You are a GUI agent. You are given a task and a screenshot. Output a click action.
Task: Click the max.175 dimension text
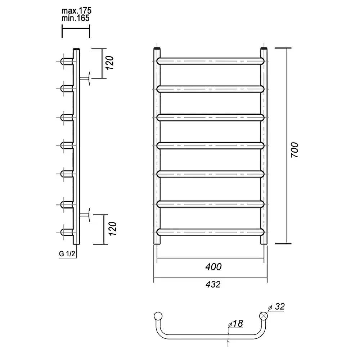pos(76,10)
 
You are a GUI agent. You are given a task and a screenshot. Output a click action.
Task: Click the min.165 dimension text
pos(76,18)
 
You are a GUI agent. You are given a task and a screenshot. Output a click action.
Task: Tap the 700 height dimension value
pos(294,150)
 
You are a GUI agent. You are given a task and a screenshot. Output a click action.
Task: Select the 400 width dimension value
pos(213,267)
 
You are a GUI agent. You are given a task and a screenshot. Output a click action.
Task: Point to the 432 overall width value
pos(213,284)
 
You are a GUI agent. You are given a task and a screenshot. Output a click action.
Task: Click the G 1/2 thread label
pos(67,254)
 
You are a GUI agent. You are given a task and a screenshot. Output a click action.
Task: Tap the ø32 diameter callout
pos(276,306)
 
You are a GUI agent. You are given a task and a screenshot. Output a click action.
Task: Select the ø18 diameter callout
pos(235,324)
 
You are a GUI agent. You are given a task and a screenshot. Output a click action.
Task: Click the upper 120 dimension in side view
pos(110,63)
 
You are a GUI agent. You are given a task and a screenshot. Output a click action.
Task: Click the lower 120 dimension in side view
pos(112,229)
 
